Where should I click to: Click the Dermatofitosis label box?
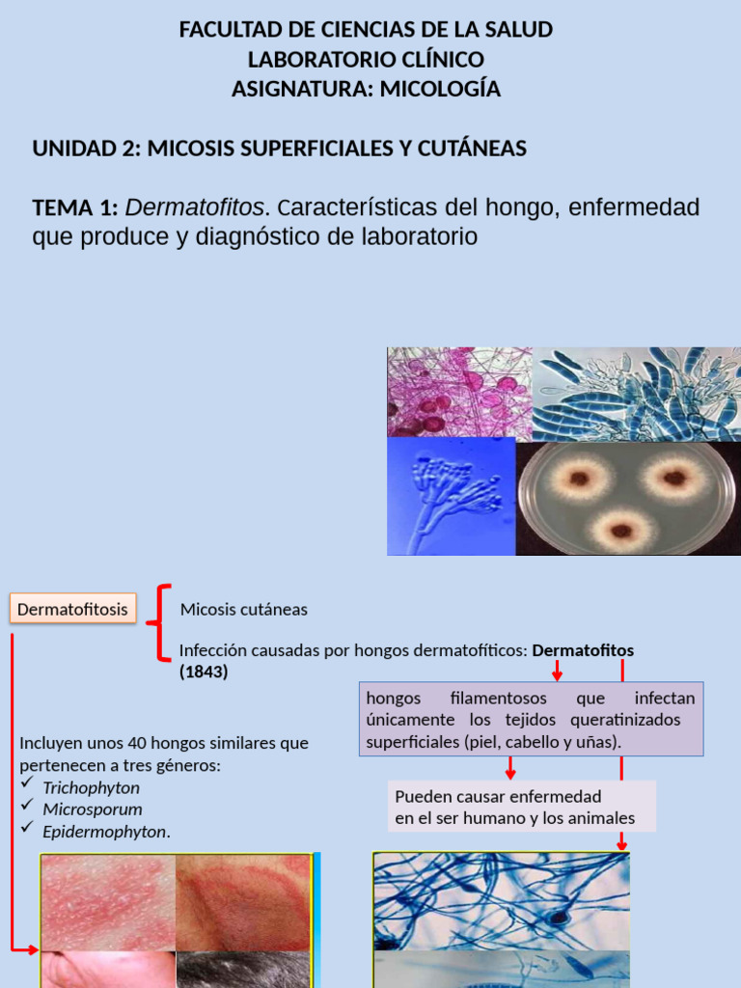point(72,609)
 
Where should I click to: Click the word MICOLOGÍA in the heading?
point(440,90)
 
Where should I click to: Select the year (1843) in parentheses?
point(204,672)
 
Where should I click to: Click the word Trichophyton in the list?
point(92,787)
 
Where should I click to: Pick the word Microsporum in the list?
point(93,810)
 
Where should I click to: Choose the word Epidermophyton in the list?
point(104,832)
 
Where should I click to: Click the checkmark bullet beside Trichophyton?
point(27,784)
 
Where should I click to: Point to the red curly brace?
point(162,623)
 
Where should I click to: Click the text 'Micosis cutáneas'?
point(244,610)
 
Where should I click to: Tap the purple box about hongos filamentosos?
point(531,720)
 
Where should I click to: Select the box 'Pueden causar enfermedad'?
point(522,808)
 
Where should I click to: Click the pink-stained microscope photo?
point(459,392)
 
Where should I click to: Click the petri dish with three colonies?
point(627,498)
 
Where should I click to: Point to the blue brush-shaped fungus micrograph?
point(451,497)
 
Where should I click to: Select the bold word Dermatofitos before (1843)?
point(583,650)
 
